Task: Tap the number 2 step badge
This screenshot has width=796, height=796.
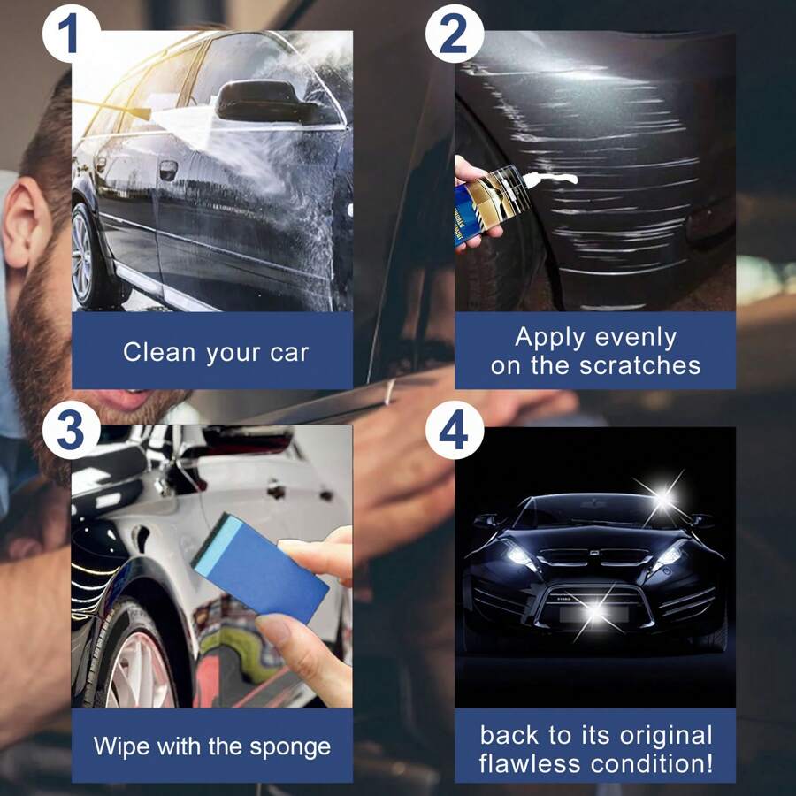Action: tap(455, 33)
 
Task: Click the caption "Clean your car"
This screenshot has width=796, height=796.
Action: tap(216, 352)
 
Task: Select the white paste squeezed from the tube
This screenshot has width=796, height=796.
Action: tap(554, 180)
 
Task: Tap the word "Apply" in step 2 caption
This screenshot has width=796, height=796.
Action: tap(549, 337)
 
